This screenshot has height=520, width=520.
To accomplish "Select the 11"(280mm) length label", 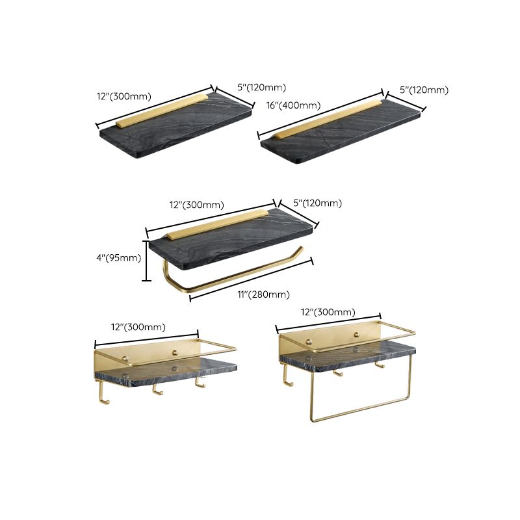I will [x=263, y=294].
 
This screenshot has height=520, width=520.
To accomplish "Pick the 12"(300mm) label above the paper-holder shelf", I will [x=196, y=205].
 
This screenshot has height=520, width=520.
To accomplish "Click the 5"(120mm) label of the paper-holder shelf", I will [x=317, y=203].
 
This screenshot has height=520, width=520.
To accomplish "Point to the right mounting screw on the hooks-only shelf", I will [x=174, y=352].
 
